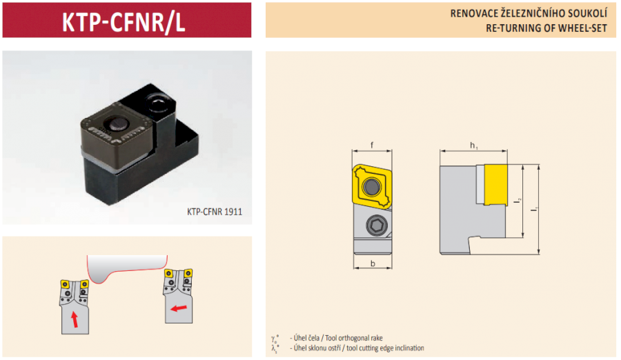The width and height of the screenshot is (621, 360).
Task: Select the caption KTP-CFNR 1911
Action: [x=214, y=212]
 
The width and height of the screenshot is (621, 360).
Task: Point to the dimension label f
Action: [x=373, y=145]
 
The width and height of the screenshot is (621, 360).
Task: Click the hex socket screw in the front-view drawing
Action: [x=374, y=226]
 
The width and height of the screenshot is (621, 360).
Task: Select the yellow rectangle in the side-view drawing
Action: [x=496, y=184]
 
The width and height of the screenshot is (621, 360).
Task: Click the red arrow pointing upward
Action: [x=74, y=319]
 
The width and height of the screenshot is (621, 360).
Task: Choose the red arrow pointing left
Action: [x=179, y=307]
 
